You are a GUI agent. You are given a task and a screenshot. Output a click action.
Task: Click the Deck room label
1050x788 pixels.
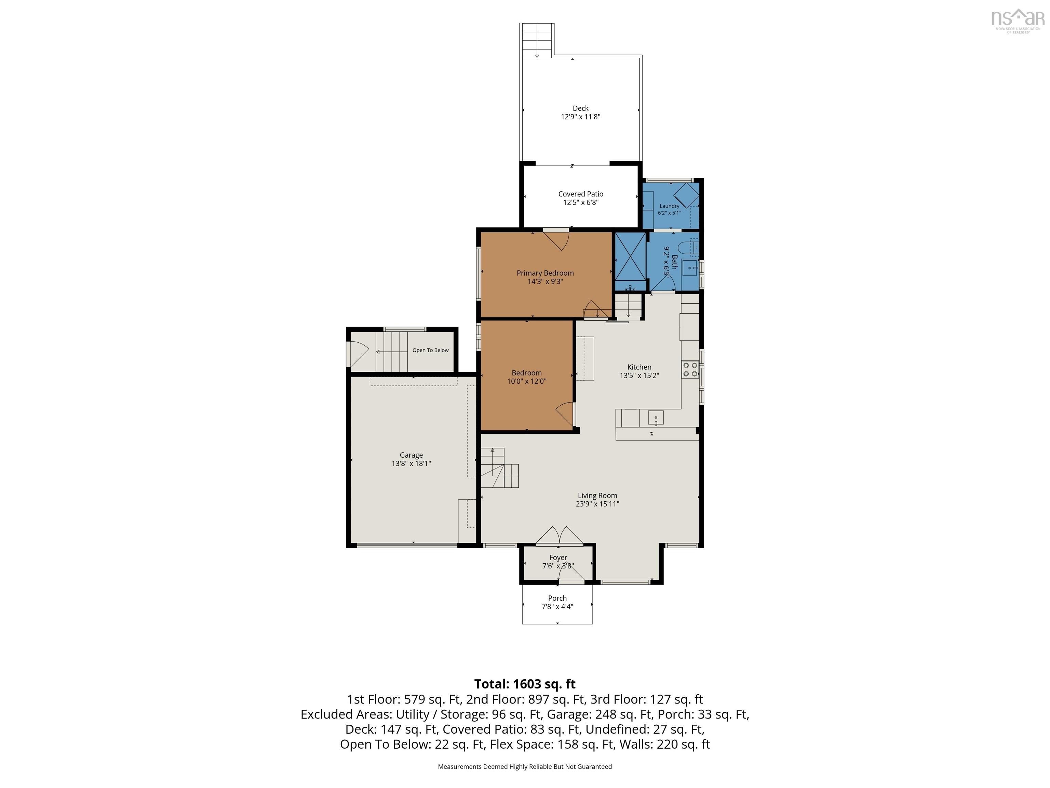(580, 108)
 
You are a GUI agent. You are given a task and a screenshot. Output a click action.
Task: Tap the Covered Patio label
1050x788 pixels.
(580, 194)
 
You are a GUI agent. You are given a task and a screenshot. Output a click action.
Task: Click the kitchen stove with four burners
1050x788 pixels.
(690, 369)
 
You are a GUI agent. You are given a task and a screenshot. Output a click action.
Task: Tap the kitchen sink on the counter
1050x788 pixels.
(656, 418)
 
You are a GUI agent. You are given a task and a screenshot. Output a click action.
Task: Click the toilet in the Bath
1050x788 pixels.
(688, 248)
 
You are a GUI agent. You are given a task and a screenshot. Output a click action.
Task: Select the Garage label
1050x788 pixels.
(411, 455)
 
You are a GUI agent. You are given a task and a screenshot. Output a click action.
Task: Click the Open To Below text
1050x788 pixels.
(431, 350)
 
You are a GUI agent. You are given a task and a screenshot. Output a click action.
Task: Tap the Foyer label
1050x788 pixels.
(558, 557)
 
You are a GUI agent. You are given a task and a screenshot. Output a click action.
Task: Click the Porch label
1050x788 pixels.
(557, 598)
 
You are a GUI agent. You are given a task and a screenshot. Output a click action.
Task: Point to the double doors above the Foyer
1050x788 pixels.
(560, 535)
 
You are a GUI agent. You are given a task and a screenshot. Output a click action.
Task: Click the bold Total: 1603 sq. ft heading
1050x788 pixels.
(525, 684)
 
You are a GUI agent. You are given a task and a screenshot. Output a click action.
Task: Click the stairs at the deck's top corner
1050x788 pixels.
(537, 40)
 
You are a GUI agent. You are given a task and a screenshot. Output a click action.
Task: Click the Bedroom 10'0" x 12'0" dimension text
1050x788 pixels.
(526, 381)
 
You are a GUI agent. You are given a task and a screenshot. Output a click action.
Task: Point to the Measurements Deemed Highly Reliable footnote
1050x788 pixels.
(525, 767)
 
